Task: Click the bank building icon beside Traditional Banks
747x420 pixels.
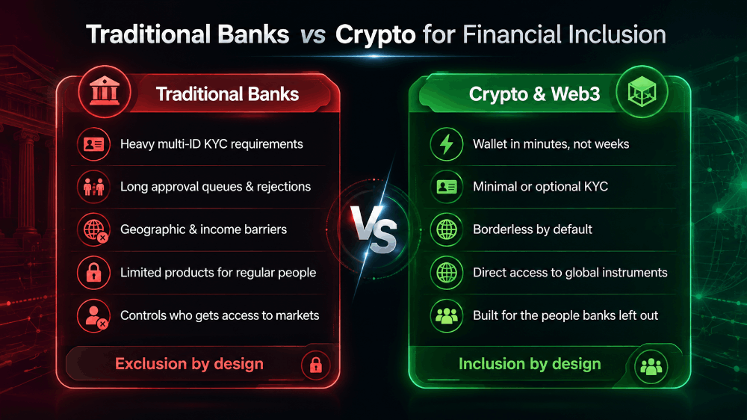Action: (x=105, y=90)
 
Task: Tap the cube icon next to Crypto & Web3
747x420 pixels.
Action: (x=642, y=91)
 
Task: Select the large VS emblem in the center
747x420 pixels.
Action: (x=374, y=229)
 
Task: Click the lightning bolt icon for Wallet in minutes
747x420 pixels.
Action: (x=447, y=144)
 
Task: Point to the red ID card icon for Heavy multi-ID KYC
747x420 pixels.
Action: (x=93, y=144)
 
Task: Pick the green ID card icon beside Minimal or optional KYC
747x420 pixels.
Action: (x=447, y=186)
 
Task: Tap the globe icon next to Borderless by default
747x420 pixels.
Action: (x=447, y=229)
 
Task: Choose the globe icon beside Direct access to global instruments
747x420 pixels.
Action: (x=447, y=273)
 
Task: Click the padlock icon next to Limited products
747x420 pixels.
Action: (x=93, y=273)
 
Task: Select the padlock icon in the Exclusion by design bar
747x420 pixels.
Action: (x=315, y=365)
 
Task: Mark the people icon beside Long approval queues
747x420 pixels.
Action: (x=93, y=186)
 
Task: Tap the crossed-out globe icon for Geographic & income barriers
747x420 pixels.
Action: (x=93, y=229)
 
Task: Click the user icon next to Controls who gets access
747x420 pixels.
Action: (x=93, y=315)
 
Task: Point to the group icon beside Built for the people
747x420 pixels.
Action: (x=447, y=315)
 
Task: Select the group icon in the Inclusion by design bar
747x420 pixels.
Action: (x=651, y=366)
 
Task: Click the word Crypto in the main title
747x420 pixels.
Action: (x=376, y=36)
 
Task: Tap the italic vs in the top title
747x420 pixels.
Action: (x=312, y=36)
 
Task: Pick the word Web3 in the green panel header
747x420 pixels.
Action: (x=575, y=94)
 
